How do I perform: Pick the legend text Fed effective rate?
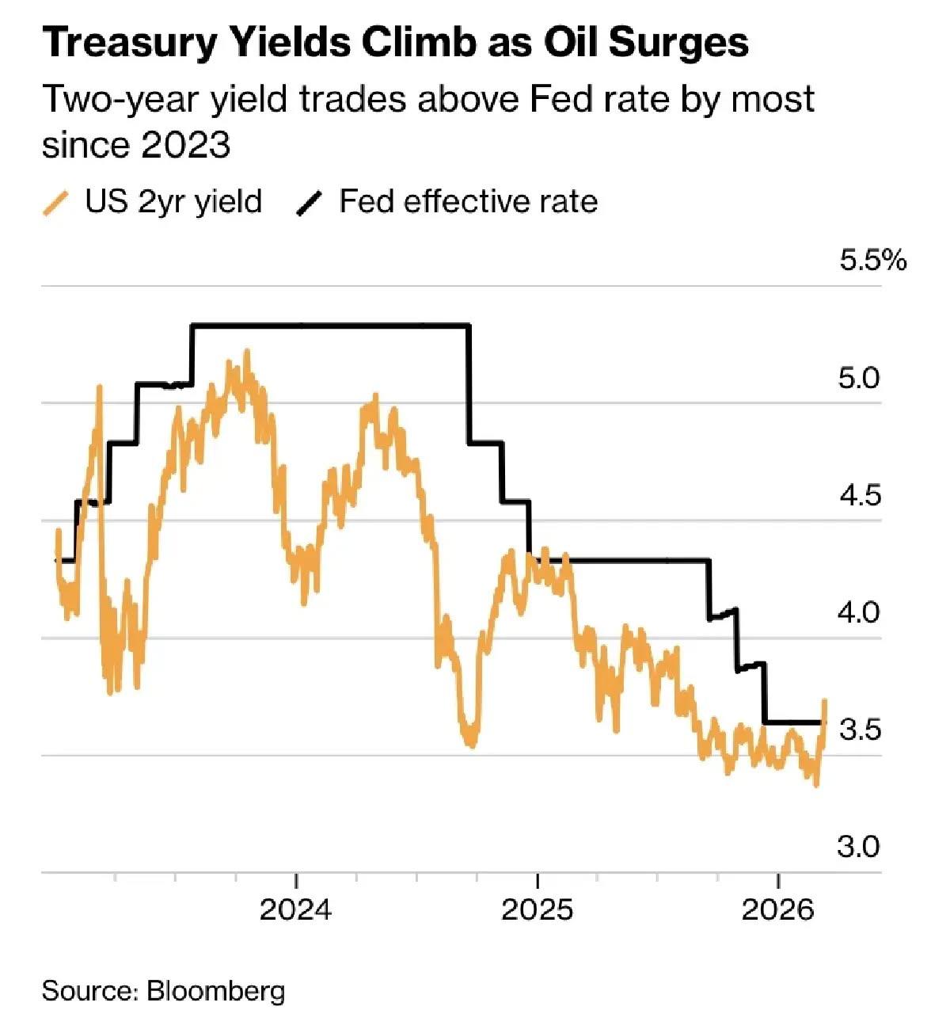click(468, 201)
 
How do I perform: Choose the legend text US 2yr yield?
click(173, 202)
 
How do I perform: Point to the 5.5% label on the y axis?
click(872, 261)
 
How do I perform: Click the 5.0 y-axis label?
click(859, 378)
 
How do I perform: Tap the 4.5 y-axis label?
click(859, 496)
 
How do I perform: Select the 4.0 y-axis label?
click(859, 612)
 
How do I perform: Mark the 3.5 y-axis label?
click(859, 730)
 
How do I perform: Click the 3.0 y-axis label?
click(859, 848)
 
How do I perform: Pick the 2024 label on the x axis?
click(296, 910)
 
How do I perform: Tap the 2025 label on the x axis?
click(537, 910)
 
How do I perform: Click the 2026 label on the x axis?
click(778, 910)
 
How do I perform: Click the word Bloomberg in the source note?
click(216, 991)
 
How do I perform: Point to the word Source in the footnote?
click(89, 991)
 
